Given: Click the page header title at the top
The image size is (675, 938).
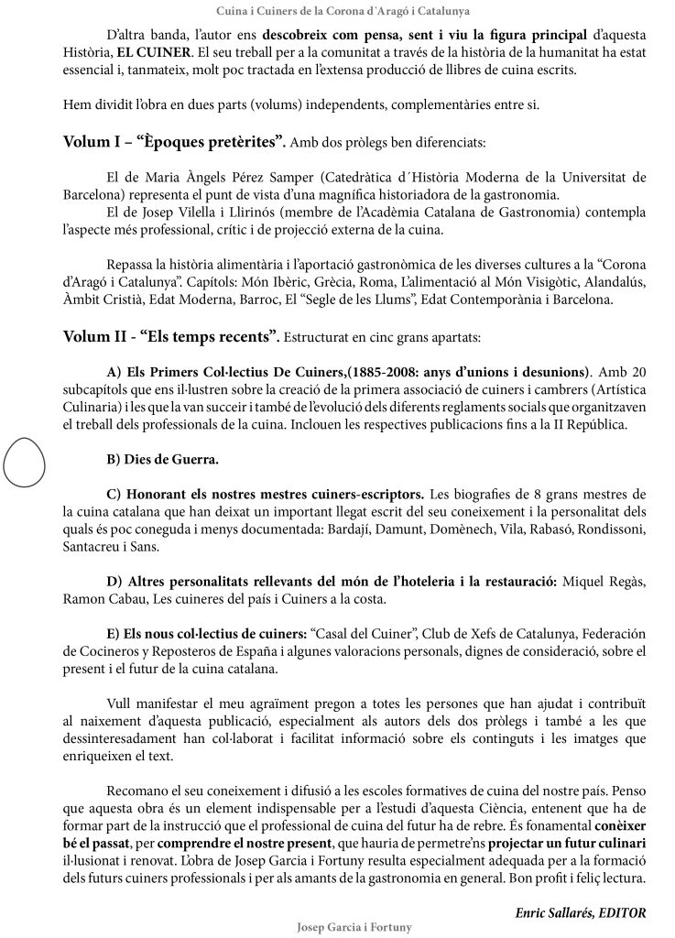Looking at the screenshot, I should (336, 11).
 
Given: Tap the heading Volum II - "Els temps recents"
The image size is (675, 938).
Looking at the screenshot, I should (171, 337).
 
